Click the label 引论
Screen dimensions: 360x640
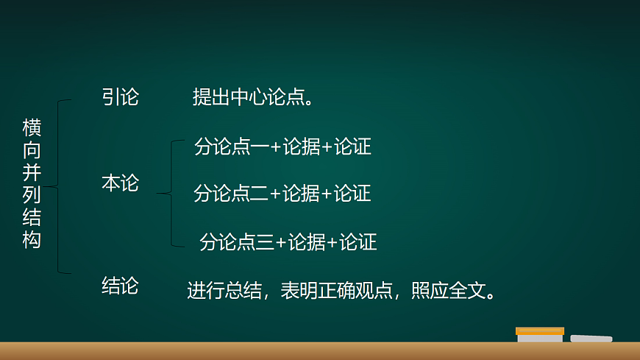[120, 97]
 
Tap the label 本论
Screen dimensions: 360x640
[120, 183]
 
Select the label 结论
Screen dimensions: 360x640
[120, 286]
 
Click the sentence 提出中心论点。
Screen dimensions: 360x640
[253, 97]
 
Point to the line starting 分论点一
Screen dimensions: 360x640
[282, 147]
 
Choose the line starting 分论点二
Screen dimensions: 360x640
[282, 194]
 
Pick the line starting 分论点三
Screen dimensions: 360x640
[288, 242]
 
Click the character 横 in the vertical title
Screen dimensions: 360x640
[32, 127]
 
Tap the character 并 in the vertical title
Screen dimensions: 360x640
[32, 173]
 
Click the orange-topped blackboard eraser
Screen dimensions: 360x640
[540, 335]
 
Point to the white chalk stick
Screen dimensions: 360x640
[591, 339]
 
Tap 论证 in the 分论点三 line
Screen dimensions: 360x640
[358, 242]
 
